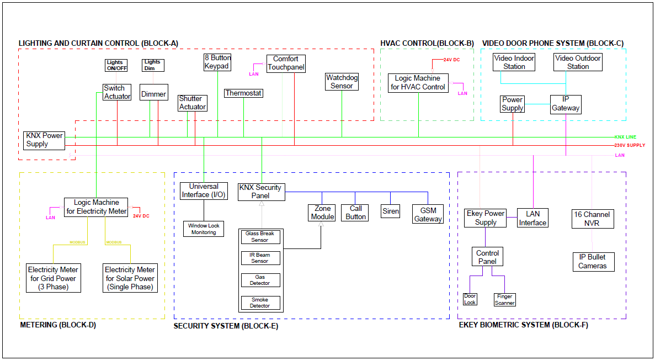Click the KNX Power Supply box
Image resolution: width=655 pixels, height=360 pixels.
click(x=44, y=140)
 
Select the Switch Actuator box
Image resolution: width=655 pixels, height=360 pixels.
click(x=117, y=92)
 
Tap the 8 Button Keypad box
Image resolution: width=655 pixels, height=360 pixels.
click(x=217, y=62)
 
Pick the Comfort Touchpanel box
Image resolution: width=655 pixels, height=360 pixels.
click(x=286, y=63)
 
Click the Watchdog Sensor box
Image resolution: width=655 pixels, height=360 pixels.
click(x=342, y=82)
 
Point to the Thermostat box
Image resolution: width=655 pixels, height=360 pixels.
click(x=243, y=93)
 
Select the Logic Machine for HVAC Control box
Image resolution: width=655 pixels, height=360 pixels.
click(x=418, y=83)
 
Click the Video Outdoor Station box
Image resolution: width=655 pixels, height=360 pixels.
click(x=578, y=62)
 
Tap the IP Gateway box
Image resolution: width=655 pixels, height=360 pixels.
click(x=566, y=104)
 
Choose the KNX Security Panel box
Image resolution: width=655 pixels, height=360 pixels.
click(x=262, y=192)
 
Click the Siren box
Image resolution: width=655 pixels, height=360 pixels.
click(x=391, y=211)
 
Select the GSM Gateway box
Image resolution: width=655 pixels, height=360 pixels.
click(x=428, y=214)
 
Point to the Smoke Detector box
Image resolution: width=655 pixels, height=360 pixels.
click(x=260, y=303)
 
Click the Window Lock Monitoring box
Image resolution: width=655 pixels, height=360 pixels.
click(x=204, y=229)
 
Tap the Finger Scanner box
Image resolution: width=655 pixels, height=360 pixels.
click(x=504, y=299)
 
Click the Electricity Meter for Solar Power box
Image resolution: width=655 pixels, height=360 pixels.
click(x=130, y=278)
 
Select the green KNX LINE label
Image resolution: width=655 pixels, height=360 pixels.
click(x=625, y=136)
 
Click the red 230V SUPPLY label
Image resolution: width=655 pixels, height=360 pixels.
click(x=630, y=145)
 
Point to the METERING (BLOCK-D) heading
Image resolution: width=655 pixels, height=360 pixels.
click(x=58, y=325)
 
